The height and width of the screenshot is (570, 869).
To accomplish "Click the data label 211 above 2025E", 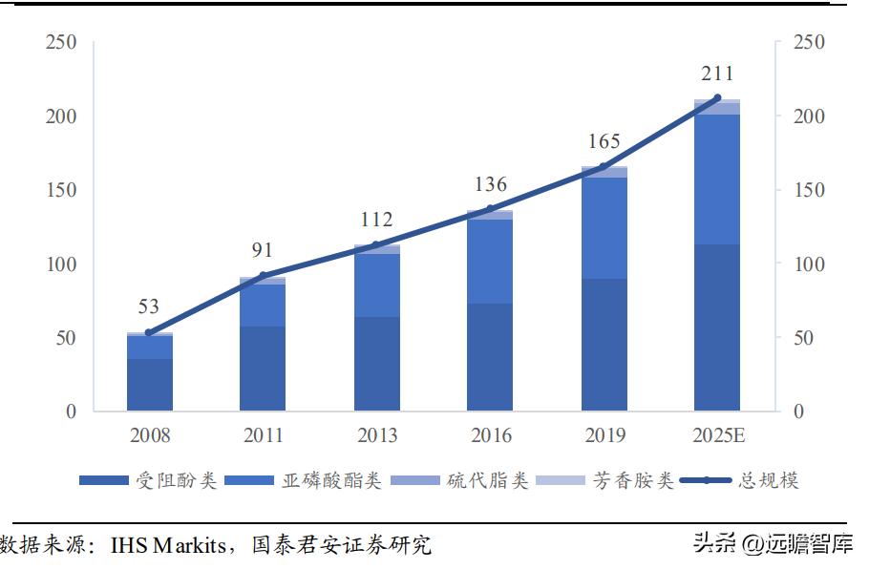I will pyautogui.click(x=717, y=74).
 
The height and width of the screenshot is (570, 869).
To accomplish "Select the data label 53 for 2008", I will pyautogui.click(x=148, y=307).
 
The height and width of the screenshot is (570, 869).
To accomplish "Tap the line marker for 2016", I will pyautogui.click(x=490, y=209).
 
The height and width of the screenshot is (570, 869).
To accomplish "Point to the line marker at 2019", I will pyautogui.click(x=604, y=167).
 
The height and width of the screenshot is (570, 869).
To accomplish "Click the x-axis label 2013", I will pyautogui.click(x=376, y=435).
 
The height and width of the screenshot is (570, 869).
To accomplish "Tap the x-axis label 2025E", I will pyautogui.click(x=717, y=435).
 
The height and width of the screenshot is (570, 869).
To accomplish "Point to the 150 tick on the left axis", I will pyautogui.click(x=62, y=190).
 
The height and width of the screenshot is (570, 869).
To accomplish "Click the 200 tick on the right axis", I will pyautogui.click(x=808, y=116).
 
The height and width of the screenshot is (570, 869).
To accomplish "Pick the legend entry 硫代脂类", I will pyautogui.click(x=487, y=480).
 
